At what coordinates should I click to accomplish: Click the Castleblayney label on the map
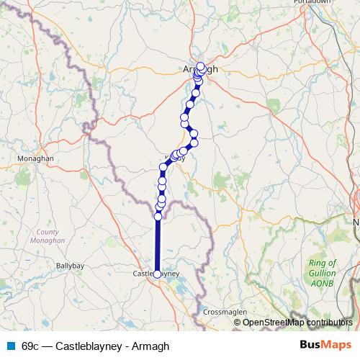tap(156, 274)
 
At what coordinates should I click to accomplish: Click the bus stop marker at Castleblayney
tap(158, 274)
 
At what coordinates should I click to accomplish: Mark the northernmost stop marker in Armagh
tap(201, 66)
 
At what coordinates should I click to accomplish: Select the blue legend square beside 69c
tap(10, 346)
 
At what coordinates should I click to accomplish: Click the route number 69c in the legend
tap(31, 346)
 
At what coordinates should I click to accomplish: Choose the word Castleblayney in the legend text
tap(89, 346)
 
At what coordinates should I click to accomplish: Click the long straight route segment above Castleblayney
tap(158, 245)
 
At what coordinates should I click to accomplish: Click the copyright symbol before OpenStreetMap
tap(238, 322)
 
